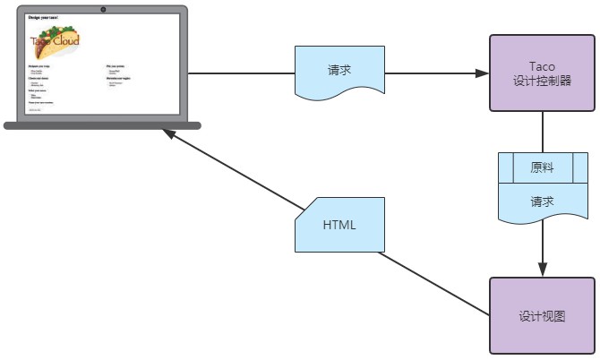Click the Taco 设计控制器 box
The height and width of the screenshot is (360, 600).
pos(543,73)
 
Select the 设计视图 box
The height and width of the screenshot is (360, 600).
pos(543,315)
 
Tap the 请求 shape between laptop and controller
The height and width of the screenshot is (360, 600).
pos(339,72)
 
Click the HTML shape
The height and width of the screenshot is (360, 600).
pos(339,225)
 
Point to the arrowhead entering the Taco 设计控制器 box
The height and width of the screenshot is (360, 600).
pos(482,73)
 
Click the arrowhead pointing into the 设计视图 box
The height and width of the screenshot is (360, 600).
pos(542,270)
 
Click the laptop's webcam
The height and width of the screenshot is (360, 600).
pos(103,9)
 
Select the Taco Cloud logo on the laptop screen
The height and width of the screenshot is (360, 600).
pos(55,41)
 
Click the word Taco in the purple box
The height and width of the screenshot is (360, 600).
pos(543,65)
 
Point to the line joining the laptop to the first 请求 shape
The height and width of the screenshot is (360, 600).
pos(242,73)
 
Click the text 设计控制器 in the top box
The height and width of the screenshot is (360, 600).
pos(543,80)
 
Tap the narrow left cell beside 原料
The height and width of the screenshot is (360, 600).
pos(504,167)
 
